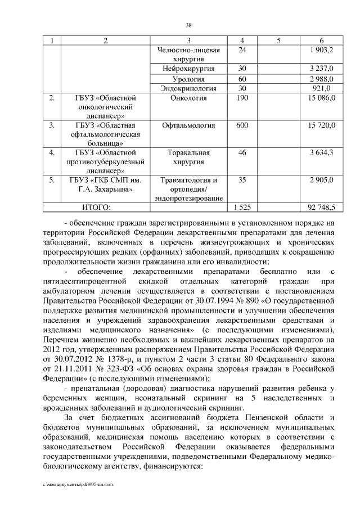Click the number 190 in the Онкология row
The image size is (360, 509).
pyautogui.click(x=242, y=98)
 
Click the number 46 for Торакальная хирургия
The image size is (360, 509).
pyautogui.click(x=242, y=152)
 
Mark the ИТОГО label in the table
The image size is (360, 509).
pyautogui.click(x=96, y=208)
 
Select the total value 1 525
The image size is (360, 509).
pyautogui.click(x=242, y=208)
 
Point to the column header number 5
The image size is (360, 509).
pyautogui.click(x=279, y=40)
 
